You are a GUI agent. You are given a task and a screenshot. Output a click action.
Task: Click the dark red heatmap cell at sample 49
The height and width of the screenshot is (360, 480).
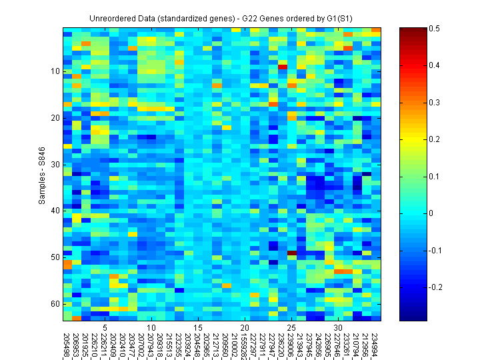(291, 253)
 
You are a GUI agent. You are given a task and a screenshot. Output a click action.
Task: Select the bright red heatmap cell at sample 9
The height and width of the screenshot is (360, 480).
(282, 67)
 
